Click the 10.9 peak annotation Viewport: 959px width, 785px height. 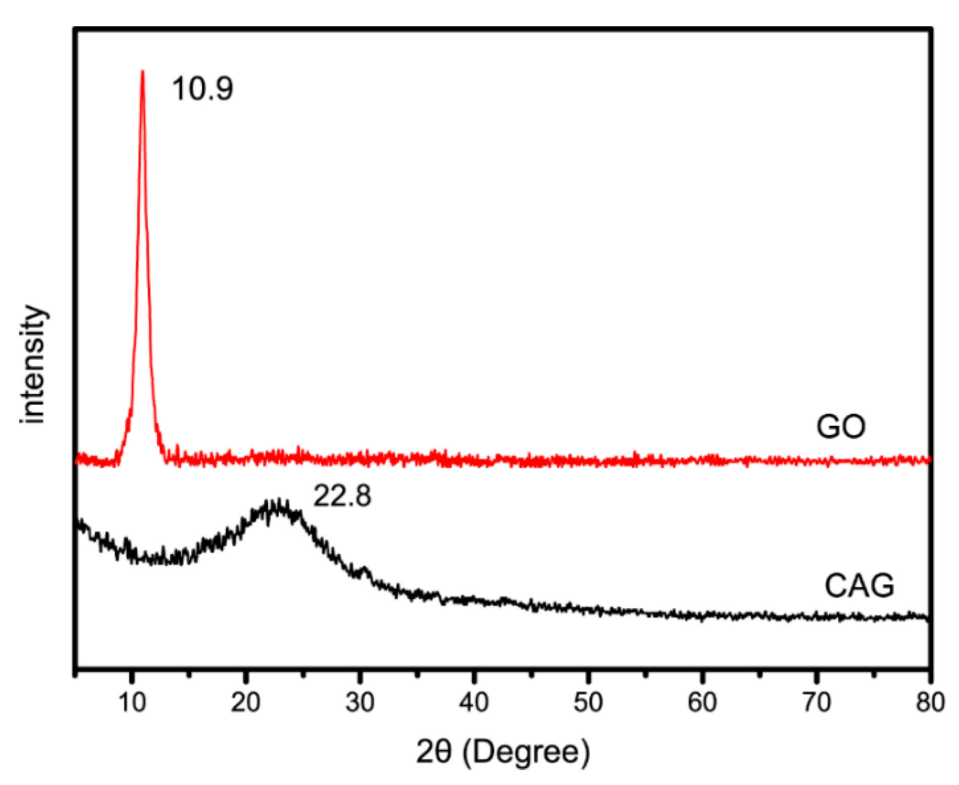tap(203, 89)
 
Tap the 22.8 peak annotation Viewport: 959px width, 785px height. tap(342, 496)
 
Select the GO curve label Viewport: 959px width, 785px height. tap(840, 426)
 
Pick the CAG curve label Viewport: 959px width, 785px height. tap(859, 586)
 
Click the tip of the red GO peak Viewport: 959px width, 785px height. tap(142, 72)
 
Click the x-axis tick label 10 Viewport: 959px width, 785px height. tap(132, 702)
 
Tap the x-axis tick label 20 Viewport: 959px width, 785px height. tap(245, 702)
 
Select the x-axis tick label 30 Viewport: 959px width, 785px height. tap(360, 702)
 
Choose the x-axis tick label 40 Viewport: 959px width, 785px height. tap(474, 702)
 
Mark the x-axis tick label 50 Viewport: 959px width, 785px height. tap(588, 702)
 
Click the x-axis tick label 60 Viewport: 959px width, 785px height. tap(702, 702)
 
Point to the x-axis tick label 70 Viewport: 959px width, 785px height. tap(816, 702)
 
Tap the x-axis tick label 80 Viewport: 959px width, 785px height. tap(930, 702)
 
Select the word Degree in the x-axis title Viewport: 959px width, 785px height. tap(525, 752)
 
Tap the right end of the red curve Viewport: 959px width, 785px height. tap(928, 460)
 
